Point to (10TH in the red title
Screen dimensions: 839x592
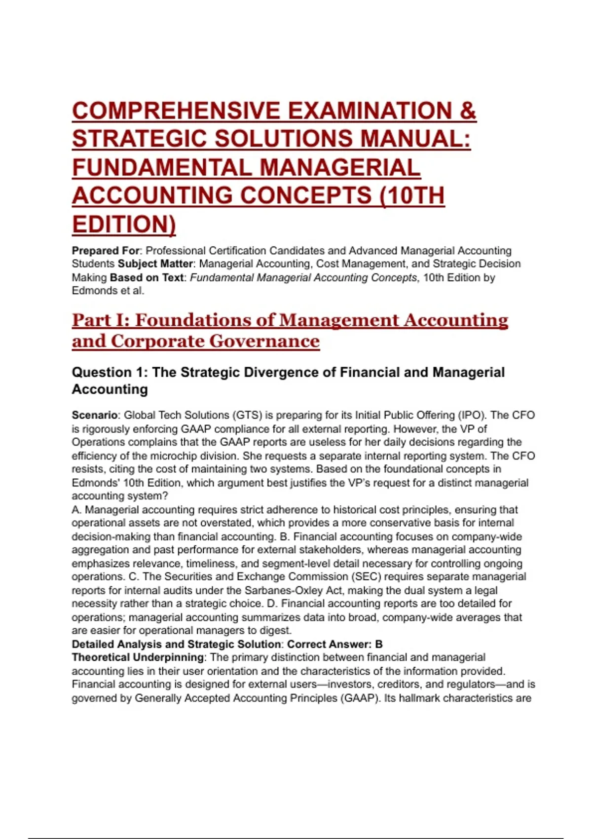click(x=411, y=195)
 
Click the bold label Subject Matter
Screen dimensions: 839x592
click(x=155, y=264)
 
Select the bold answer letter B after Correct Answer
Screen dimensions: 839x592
click(x=379, y=645)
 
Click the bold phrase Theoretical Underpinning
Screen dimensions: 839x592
click(x=138, y=658)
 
